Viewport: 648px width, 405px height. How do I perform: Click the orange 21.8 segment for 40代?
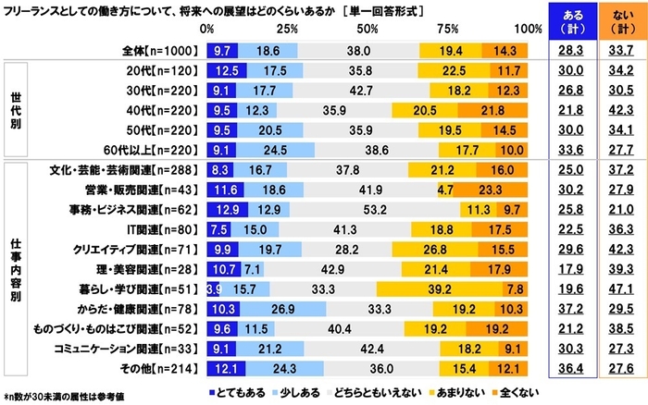pyautogui.click(x=496, y=112)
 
